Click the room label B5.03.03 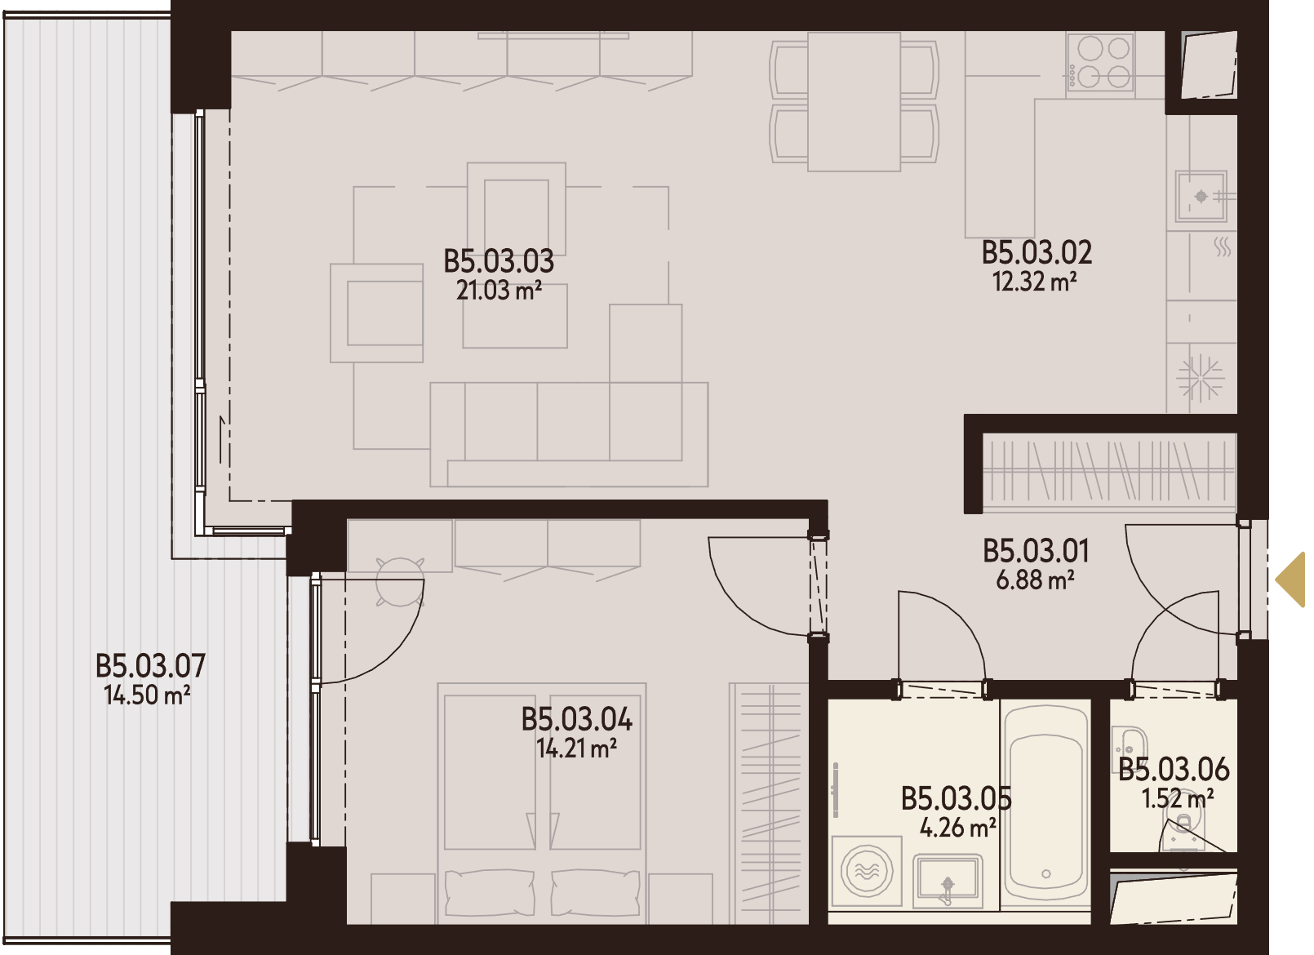point(499,262)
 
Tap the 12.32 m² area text point(1034,282)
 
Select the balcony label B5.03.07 point(150,666)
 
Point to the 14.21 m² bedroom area point(576,748)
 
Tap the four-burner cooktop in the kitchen point(1100,61)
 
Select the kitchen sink point(1201,197)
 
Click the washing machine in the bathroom point(867,872)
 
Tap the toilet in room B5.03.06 point(1179,833)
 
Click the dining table point(854,102)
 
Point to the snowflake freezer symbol point(1201,379)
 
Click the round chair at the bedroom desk point(400,581)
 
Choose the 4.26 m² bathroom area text point(957,828)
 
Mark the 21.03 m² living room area point(499,291)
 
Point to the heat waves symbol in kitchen point(1223,247)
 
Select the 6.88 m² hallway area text point(1035,580)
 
